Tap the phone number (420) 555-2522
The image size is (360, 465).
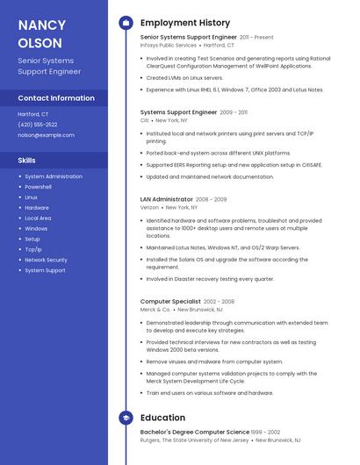pos(38,125)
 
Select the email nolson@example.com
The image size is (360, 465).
pos(47,135)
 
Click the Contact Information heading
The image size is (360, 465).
pos(56,98)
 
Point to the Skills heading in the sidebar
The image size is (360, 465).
pos(27,161)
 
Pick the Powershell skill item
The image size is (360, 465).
pos(38,187)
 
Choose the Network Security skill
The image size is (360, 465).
pos(46,260)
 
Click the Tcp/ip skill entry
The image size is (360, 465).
pos(33,249)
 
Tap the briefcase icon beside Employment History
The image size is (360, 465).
pos(126,23)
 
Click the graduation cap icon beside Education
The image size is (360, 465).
pos(126,418)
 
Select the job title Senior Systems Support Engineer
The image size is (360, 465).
pos(188,38)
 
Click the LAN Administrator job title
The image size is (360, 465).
pos(167,199)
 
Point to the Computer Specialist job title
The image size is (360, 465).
pos(170,301)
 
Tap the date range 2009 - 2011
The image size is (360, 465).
pos(234,112)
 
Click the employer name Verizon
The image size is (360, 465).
pos(149,208)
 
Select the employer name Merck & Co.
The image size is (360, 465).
pos(155,310)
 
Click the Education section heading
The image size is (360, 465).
pos(162,418)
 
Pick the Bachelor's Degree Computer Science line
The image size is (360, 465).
pos(195,433)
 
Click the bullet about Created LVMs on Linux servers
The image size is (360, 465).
pos(184,77)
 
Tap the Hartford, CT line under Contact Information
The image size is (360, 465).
pos(33,114)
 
